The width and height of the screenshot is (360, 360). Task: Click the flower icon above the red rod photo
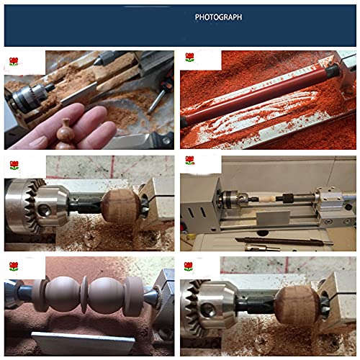189,58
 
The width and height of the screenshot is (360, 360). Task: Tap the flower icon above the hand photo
13,60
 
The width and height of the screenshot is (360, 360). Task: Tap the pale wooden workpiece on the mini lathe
260,197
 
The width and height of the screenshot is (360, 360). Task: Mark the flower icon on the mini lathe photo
189,161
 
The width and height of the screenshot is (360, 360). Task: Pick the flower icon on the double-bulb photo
13,266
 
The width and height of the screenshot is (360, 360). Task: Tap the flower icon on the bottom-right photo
189,266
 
